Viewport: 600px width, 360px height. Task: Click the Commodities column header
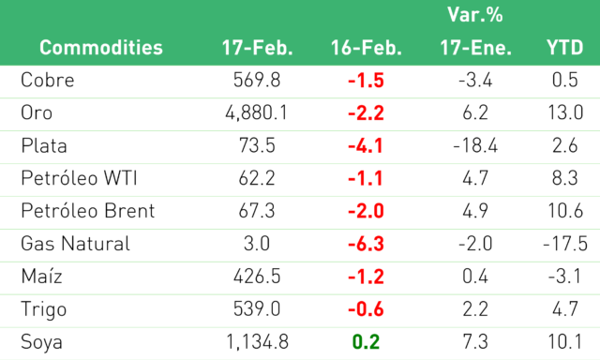[101, 48]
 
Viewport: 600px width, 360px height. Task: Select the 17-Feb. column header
[257, 48]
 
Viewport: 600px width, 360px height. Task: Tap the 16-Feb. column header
[367, 48]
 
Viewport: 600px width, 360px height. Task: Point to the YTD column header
[564, 48]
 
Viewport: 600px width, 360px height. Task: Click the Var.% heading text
[475, 15]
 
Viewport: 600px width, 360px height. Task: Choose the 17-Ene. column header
[475, 48]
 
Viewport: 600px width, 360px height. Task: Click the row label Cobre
[48, 80]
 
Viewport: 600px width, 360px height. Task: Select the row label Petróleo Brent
[88, 211]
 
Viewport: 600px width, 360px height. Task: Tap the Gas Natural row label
[75, 244]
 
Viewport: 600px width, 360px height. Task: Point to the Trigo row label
[44, 309]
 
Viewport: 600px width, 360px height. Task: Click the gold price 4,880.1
[256, 112]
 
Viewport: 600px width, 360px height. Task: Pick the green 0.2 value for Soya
[366, 341]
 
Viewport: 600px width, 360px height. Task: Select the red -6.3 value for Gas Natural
[366, 244]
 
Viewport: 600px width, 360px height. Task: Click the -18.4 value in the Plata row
[475, 145]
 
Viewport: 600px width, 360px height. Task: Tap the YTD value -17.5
[565, 244]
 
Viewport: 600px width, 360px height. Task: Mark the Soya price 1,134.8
[257, 341]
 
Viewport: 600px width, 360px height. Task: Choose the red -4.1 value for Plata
[366, 145]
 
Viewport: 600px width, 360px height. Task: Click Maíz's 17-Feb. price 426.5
[257, 277]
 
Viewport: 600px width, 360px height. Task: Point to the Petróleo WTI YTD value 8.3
[564, 178]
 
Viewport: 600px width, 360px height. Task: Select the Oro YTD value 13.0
[565, 112]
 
